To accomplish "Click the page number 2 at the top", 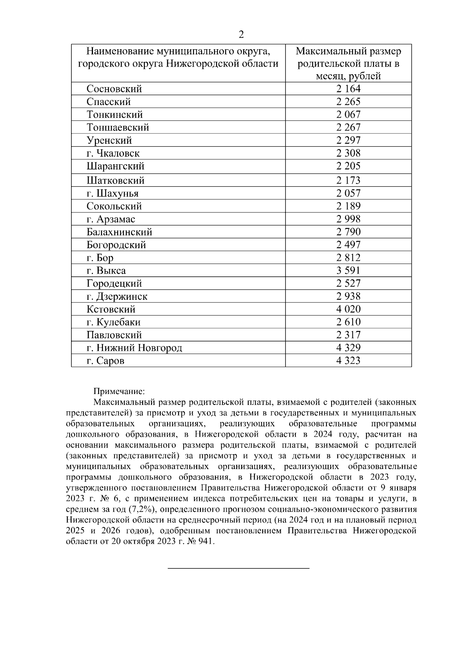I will tap(241, 35).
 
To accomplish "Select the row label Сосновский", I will tap(114, 89).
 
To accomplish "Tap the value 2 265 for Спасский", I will tap(348, 102).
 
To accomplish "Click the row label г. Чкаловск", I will tap(113, 154).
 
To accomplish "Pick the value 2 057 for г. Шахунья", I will tap(348, 193).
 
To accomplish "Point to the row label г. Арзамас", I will tap(111, 219).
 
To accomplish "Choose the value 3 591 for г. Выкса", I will tap(348, 271).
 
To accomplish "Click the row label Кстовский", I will tap(111, 309).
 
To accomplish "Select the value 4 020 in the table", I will tap(348, 309).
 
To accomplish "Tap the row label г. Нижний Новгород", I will tap(134, 348).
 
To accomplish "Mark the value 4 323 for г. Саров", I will tap(348, 361).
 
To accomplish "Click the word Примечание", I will tap(119, 391).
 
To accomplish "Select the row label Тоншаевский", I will tap(118, 127).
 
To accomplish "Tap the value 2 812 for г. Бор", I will tap(348, 257).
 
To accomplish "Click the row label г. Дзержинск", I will tap(117, 297).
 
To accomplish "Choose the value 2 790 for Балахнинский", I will tap(348, 232).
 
